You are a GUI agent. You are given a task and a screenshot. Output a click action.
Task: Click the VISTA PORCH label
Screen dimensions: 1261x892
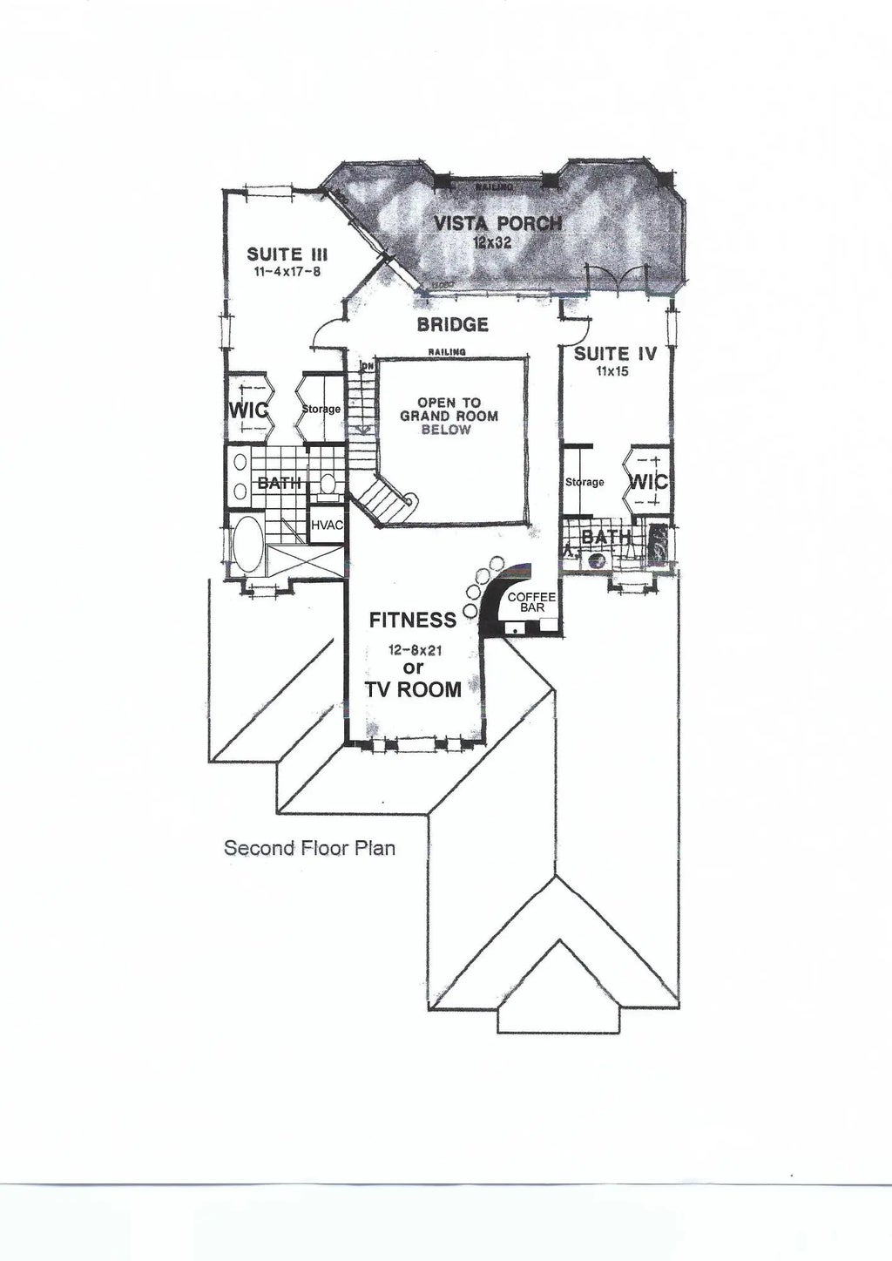coord(497,223)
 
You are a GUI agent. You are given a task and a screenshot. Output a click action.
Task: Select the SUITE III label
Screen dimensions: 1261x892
coord(287,254)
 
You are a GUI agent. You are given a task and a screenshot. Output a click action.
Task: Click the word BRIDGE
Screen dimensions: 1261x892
coord(452,325)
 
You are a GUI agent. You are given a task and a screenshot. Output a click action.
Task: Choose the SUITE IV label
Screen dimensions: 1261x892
coord(614,354)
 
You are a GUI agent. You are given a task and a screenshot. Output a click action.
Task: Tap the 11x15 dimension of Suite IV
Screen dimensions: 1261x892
coord(614,370)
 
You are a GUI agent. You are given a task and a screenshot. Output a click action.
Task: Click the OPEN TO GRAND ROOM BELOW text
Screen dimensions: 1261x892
coord(449,417)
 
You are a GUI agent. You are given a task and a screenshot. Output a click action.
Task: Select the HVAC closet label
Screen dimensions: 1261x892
coord(327,525)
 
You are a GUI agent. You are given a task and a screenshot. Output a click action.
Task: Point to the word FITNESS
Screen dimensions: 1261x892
coord(412,620)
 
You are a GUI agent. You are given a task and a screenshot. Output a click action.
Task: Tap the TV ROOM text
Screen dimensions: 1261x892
coord(414,689)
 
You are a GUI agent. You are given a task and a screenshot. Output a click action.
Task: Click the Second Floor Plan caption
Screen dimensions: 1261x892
coord(309,847)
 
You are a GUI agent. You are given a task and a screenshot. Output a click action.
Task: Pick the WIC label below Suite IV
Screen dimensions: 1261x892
coord(647,481)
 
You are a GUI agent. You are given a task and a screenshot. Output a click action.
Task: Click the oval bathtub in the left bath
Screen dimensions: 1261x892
coord(248,543)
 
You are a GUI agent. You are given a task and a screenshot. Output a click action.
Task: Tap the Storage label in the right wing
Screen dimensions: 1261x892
coord(584,482)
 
